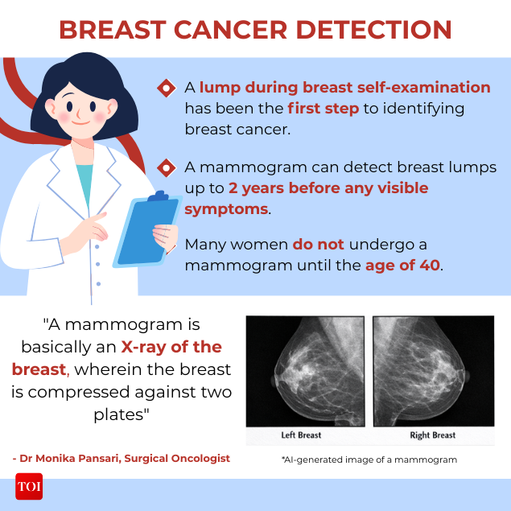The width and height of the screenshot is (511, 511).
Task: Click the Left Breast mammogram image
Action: click(305, 369)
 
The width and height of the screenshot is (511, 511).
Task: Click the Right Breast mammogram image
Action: click(433, 369)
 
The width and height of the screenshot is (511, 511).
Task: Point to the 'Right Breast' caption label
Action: click(433, 435)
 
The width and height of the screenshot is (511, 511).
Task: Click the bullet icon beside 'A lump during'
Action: click(166, 88)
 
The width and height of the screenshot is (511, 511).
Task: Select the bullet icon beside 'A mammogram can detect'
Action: click(166, 168)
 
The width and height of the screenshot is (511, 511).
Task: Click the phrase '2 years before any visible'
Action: click(328, 188)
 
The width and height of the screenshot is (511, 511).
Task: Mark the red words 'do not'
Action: click(318, 244)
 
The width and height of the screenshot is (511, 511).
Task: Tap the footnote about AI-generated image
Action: click(369, 459)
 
